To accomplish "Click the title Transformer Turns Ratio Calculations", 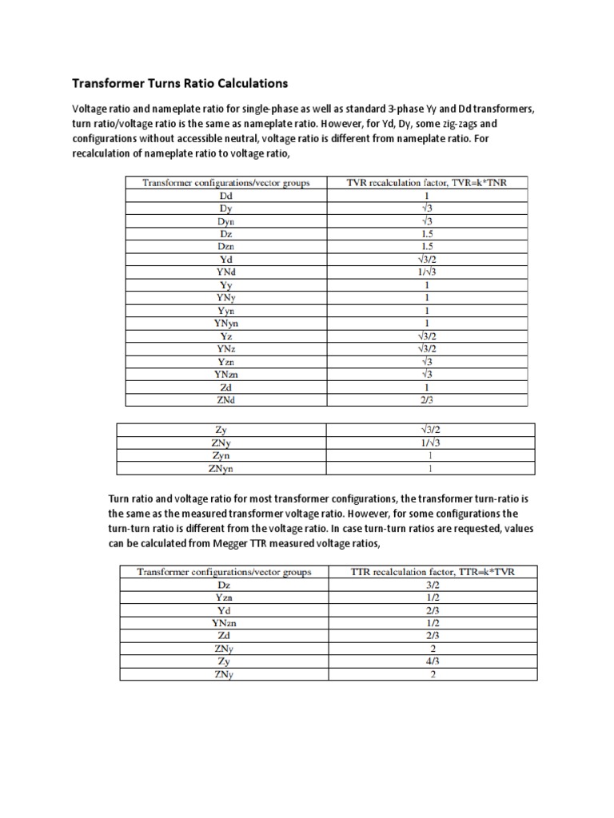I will coord(180,83).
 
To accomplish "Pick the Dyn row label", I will coord(226,220).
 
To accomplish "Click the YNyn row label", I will coord(226,323).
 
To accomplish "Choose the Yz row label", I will coord(226,336).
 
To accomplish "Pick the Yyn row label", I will coord(226,310).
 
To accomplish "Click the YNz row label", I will coord(226,348).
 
